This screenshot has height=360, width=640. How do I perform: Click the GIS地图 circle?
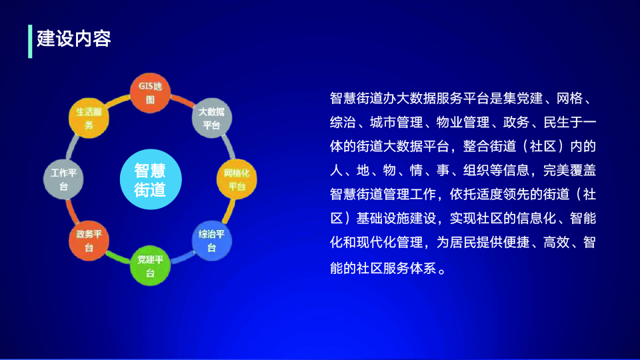(150, 93)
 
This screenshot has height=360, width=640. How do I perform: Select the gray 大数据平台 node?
(212, 118)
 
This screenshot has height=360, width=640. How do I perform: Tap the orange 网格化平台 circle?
(237, 179)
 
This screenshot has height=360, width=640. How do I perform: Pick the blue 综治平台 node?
(212, 241)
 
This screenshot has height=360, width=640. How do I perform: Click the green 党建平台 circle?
(150, 266)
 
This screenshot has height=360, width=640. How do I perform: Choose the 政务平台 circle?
(89, 241)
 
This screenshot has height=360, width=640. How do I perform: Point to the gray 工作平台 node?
(63, 179)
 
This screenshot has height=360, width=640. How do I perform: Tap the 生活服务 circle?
(89, 118)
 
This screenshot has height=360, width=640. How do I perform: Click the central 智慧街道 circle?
(151, 179)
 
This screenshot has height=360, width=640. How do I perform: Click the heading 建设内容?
(74, 39)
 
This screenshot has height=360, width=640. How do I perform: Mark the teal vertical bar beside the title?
(30, 41)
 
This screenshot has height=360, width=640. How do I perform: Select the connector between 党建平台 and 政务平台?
(119, 257)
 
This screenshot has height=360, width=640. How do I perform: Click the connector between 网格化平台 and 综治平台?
(229, 211)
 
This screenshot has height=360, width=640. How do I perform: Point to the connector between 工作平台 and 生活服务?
(72, 147)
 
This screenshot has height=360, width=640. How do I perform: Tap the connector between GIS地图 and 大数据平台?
(183, 101)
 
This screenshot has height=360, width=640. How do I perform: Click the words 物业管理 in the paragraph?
(463, 122)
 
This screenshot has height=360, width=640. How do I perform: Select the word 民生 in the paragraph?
(557, 122)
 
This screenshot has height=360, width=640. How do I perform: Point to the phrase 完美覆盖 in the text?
(569, 170)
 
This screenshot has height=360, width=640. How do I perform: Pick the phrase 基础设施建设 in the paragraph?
(396, 219)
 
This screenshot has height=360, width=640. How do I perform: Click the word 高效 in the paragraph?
(556, 243)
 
